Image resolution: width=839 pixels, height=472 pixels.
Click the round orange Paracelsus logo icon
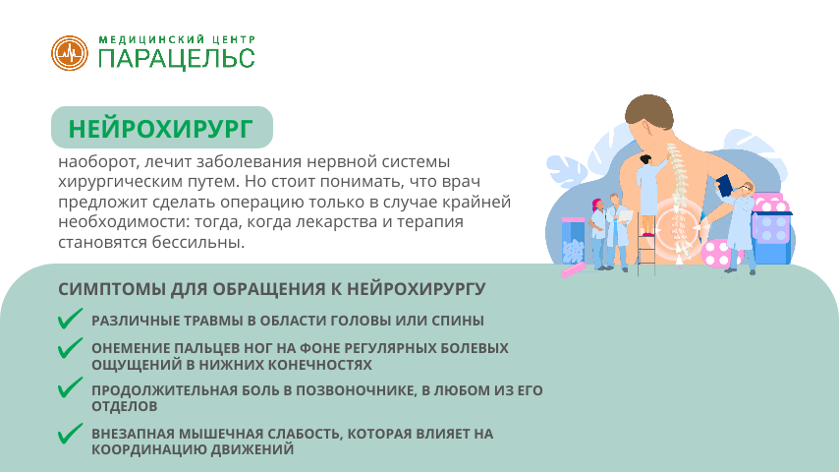pyautogui.click(x=70, y=52)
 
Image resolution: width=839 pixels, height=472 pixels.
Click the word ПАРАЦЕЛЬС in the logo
pyautogui.click(x=177, y=58)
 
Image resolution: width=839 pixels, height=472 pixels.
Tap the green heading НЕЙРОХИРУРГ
pyautogui.click(x=161, y=129)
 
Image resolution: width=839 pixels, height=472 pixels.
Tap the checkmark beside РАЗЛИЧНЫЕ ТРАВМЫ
pyautogui.click(x=70, y=319)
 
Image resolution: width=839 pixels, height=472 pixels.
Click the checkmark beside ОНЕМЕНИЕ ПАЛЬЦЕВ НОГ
pyautogui.click(x=70, y=348)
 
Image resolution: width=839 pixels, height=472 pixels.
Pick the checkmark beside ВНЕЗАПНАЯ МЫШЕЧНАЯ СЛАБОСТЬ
pyautogui.click(x=70, y=433)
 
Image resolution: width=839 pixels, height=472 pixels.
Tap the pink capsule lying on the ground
pyautogui.click(x=571, y=269)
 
